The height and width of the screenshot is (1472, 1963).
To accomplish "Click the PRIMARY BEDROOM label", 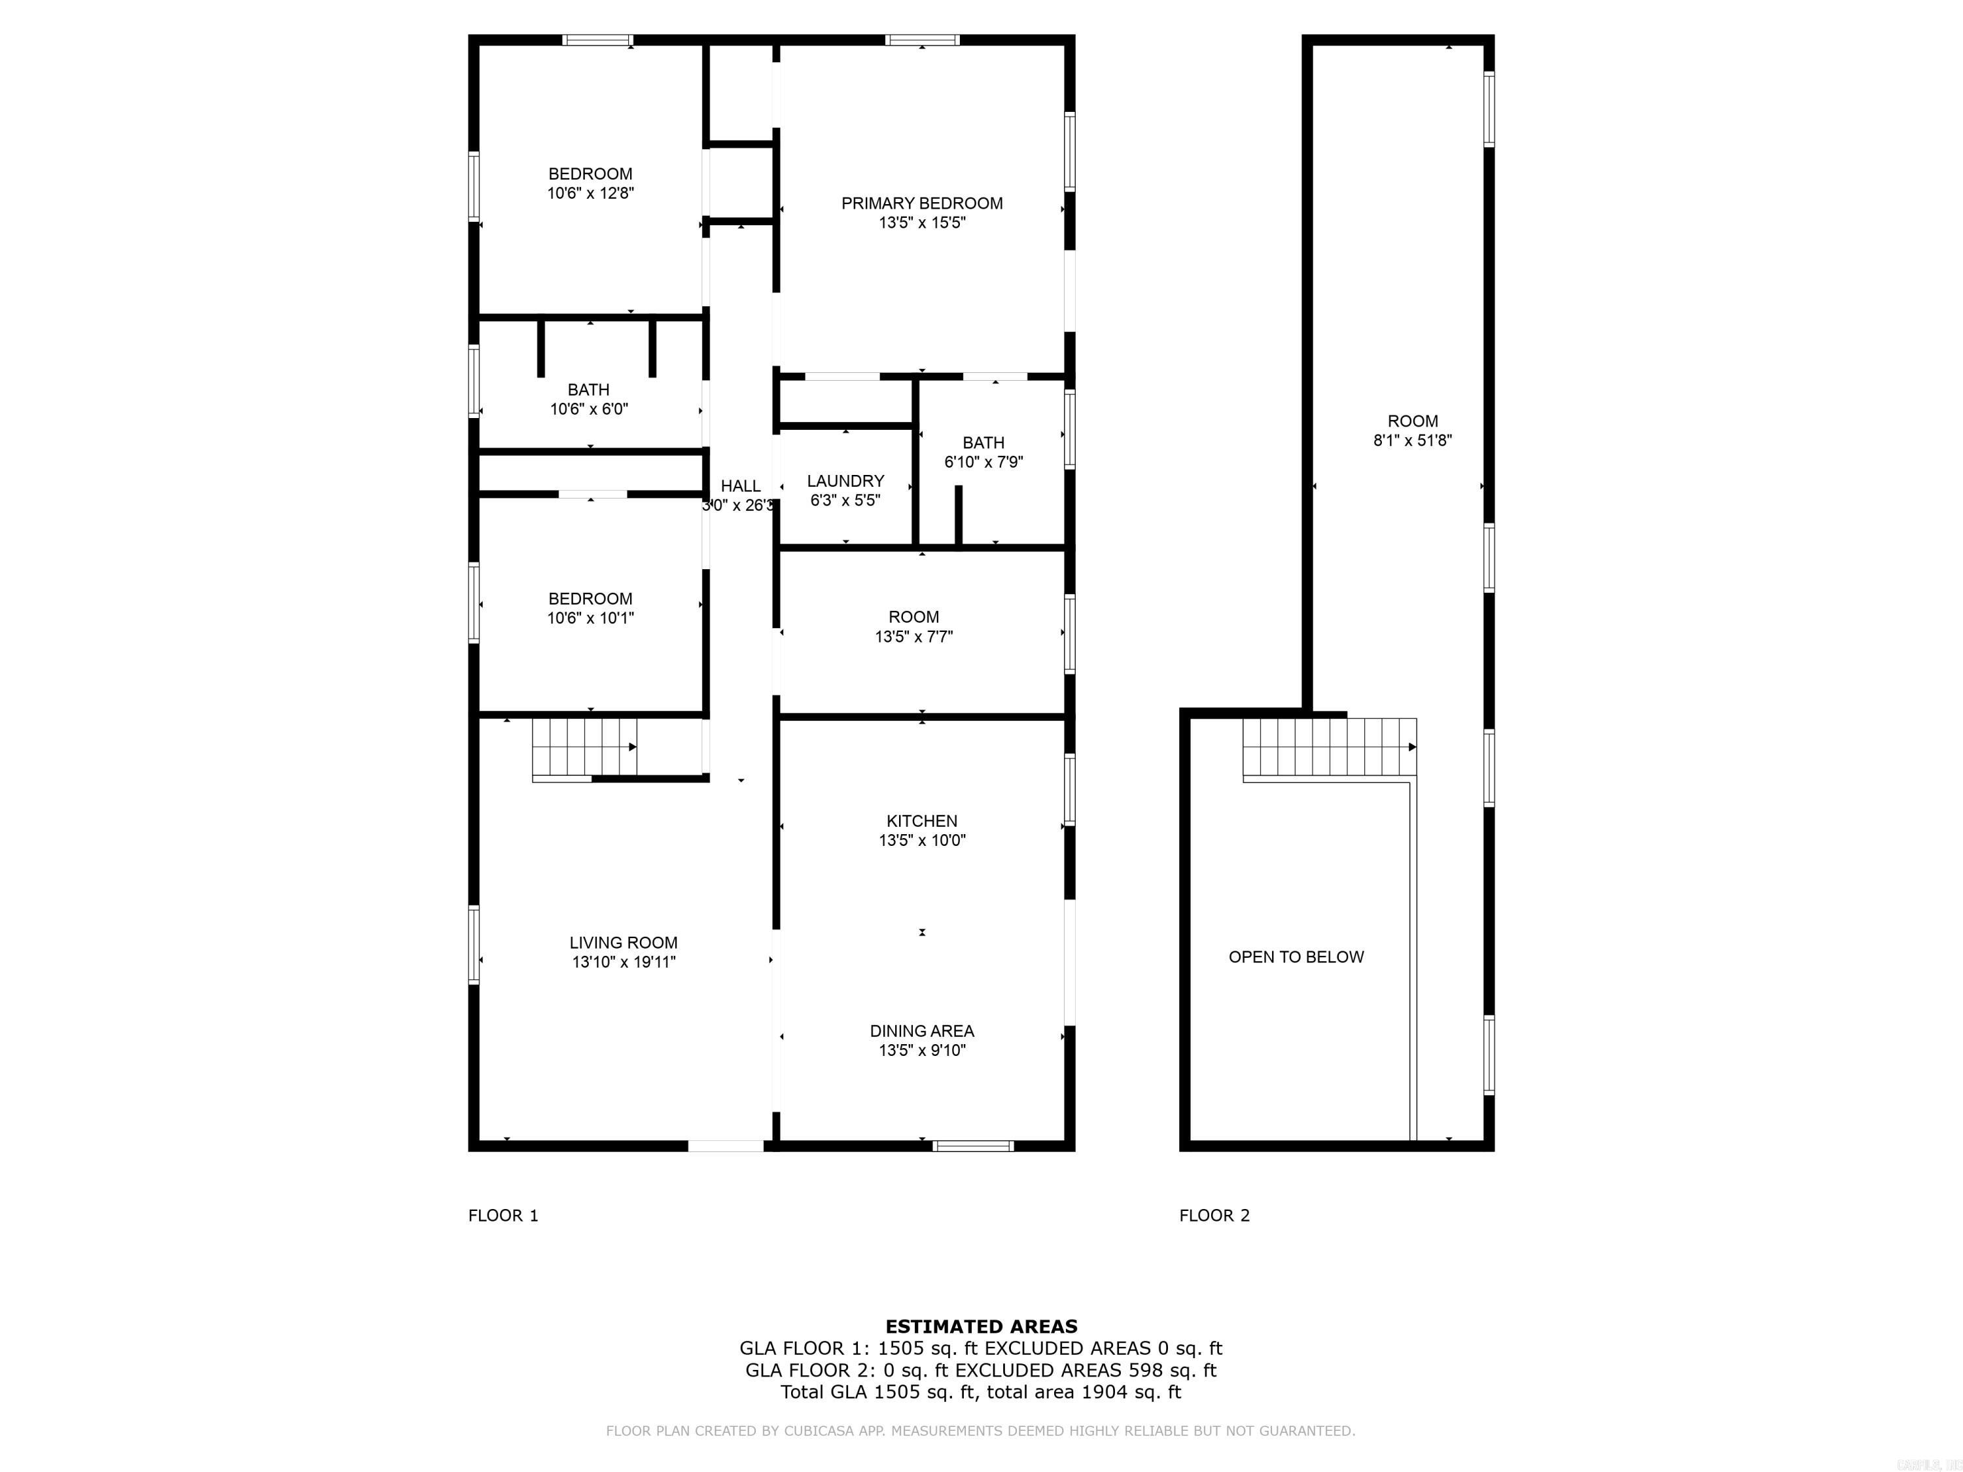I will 922,203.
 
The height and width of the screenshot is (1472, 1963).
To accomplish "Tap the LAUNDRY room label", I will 845,481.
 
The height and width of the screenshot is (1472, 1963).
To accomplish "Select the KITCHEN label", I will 922,821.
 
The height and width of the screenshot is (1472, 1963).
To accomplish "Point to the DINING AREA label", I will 922,1030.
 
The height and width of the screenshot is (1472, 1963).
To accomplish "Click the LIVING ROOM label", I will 623,942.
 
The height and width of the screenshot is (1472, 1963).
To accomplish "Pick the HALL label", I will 740,485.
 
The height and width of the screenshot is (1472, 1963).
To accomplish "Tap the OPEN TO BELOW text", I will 1296,956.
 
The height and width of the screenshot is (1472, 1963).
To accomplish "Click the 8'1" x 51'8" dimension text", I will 1412,440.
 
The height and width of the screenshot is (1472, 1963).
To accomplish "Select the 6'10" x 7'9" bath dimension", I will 983,461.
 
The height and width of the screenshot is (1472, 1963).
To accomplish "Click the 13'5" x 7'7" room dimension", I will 913,636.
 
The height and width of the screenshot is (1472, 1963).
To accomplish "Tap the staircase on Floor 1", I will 584,748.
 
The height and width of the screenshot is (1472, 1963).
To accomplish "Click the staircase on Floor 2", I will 1328,747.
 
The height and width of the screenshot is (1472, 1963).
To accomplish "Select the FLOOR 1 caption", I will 503,1216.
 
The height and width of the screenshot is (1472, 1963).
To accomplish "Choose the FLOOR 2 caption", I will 1214,1216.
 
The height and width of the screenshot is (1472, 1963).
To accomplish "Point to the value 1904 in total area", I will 1104,1392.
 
